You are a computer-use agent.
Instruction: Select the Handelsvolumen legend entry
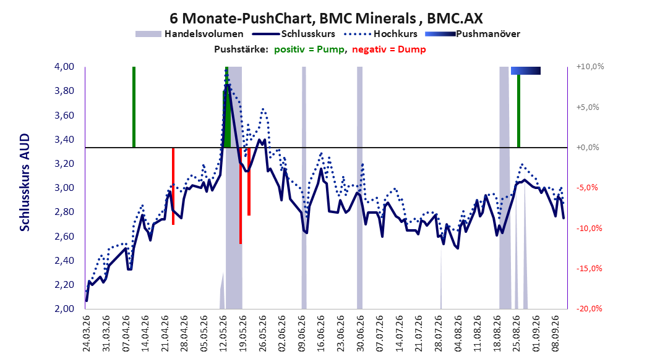click(190, 34)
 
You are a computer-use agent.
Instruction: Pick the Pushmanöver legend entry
click(473, 34)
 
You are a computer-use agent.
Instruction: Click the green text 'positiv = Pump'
click(309, 49)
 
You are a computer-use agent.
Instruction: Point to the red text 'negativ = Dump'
click(389, 49)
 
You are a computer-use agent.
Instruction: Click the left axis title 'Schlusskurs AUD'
click(25, 182)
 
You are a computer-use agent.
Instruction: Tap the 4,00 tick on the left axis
click(64, 67)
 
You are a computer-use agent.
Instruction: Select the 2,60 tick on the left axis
click(64, 236)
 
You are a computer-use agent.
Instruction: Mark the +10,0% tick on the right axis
click(590, 67)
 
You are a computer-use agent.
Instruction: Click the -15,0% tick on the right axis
click(589, 269)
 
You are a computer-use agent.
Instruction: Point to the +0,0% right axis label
click(588, 148)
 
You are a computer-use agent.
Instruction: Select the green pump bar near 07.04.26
click(134, 107)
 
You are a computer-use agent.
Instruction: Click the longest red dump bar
click(241, 196)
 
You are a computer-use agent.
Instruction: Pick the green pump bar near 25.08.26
click(518, 111)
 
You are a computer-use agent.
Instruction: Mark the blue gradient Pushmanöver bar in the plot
click(526, 70)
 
